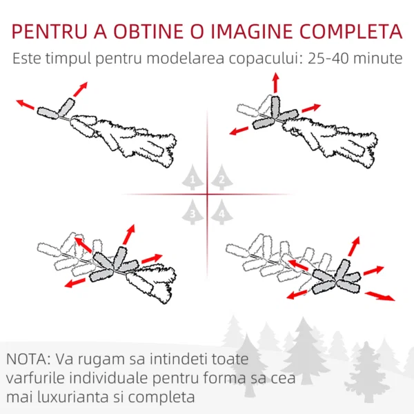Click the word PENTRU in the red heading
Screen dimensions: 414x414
coord(50,32)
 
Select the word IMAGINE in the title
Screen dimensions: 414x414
coord(252,32)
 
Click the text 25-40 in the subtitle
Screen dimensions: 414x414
coord(328,59)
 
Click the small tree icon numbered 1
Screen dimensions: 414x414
coord(193,177)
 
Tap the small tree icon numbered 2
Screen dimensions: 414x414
coord(221,177)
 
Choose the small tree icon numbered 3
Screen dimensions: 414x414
coord(193,212)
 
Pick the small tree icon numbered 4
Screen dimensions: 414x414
coord(221,212)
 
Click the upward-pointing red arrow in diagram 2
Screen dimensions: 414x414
coord(275,83)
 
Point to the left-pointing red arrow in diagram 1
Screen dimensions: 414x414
coord(25,104)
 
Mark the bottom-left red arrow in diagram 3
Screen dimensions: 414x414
coord(75,282)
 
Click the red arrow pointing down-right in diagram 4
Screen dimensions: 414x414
coord(379,296)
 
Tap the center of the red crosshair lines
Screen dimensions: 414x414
coord(207,195)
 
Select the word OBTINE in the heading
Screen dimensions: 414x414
coord(148,32)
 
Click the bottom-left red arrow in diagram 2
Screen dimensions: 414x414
coord(239,130)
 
